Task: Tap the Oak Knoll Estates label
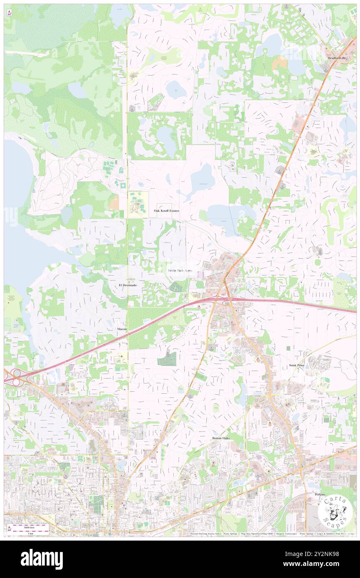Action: point(166,211)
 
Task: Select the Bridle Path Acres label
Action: point(180,270)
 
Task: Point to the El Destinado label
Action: point(128,285)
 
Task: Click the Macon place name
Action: point(121,329)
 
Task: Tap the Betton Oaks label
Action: point(221,438)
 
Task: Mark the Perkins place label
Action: point(320,494)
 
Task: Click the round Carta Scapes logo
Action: point(335,511)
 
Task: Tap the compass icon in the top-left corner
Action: point(9,13)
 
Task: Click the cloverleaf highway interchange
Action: point(16,376)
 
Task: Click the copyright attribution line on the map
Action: point(270,534)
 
